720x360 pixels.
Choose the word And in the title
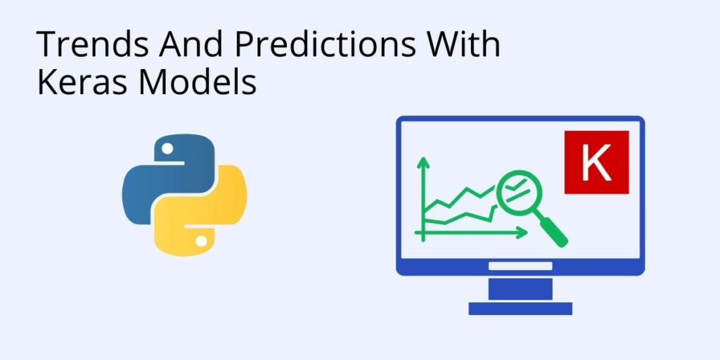190,45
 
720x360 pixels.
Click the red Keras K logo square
596,162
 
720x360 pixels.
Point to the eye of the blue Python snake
167,148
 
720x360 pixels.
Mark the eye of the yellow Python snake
202,240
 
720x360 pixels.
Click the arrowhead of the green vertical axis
423,163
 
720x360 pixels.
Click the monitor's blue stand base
520,308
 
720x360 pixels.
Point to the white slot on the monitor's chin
520,266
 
